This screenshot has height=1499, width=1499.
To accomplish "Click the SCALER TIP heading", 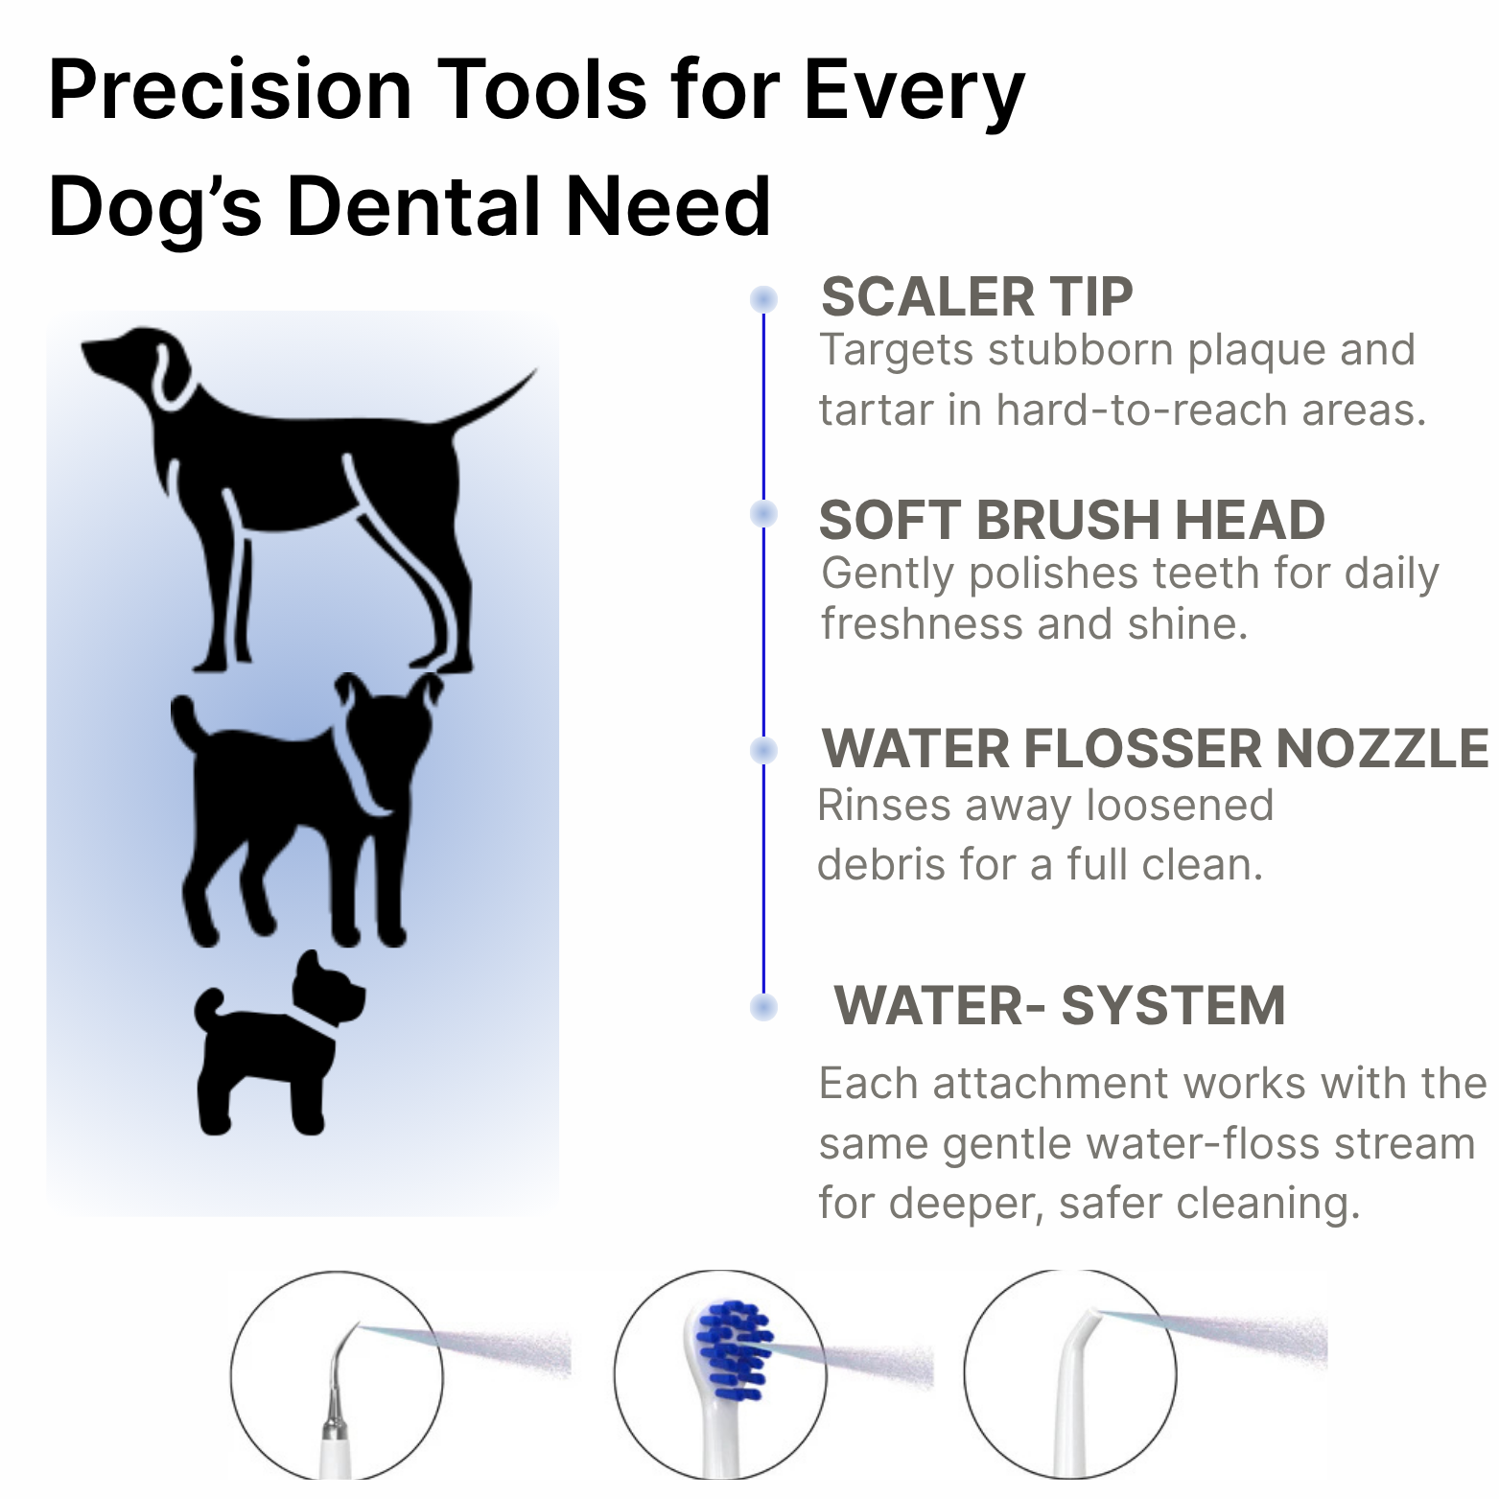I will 976,296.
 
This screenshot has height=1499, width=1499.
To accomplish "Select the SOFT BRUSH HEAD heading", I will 1071,520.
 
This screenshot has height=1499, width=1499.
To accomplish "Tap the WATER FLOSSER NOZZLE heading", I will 1155,748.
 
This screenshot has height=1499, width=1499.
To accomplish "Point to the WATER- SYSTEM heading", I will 1060,1005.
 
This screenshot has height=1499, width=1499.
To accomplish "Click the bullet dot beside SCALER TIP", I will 763,299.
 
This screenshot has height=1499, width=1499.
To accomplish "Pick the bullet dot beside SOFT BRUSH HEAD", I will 763,514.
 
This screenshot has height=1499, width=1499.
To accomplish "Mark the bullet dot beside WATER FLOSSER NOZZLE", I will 763,749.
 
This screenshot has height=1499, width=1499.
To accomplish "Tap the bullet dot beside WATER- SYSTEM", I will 763,1007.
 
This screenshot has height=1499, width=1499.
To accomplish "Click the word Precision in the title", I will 230,90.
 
